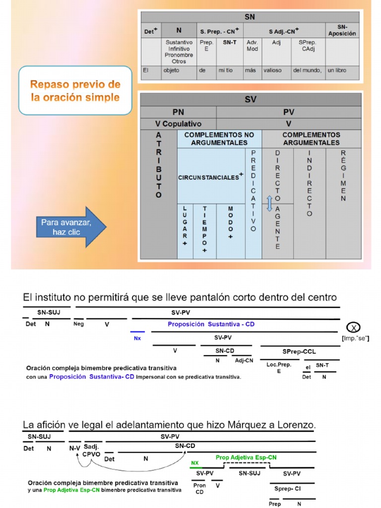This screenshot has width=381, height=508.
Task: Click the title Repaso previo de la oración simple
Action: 75,90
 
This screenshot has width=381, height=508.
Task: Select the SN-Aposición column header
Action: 342,30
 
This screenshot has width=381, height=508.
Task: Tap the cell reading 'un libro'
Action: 337,70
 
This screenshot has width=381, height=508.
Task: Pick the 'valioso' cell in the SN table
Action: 272,70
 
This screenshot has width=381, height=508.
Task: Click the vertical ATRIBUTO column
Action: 159,165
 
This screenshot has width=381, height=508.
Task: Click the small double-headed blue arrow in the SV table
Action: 269,203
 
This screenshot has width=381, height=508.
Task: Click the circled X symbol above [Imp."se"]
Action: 353,327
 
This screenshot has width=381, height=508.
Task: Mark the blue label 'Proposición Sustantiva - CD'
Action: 211,324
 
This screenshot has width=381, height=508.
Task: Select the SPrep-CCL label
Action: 299,351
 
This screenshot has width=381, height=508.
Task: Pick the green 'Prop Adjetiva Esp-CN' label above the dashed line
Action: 246,457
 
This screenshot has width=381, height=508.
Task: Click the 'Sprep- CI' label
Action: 288,489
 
